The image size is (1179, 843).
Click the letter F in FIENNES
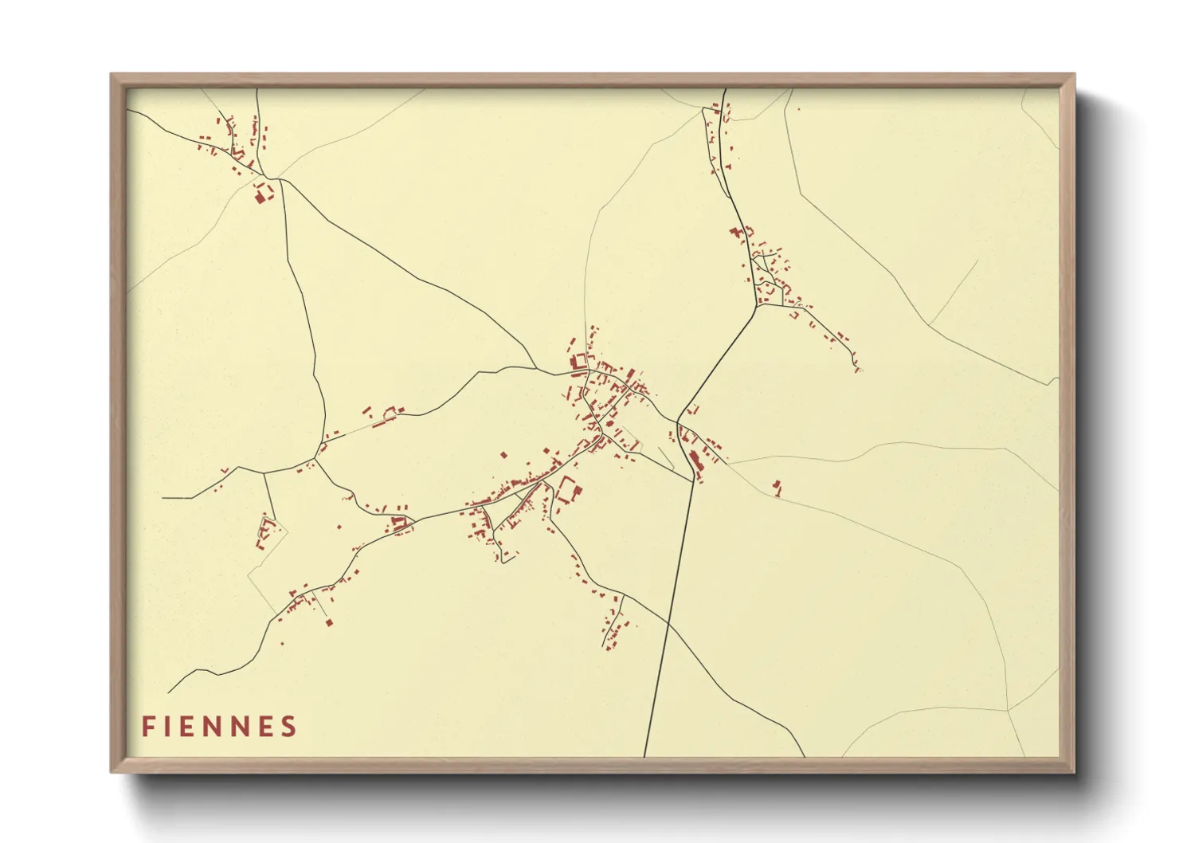coord(148,727)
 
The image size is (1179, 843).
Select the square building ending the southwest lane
coord(329,621)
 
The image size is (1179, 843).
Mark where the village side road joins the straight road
coord(692,481)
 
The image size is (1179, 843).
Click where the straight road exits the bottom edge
coord(644,755)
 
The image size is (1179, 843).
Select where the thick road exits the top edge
coord(724,89)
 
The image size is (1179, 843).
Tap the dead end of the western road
coord(163,498)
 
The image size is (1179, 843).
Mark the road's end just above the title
coord(168,692)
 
